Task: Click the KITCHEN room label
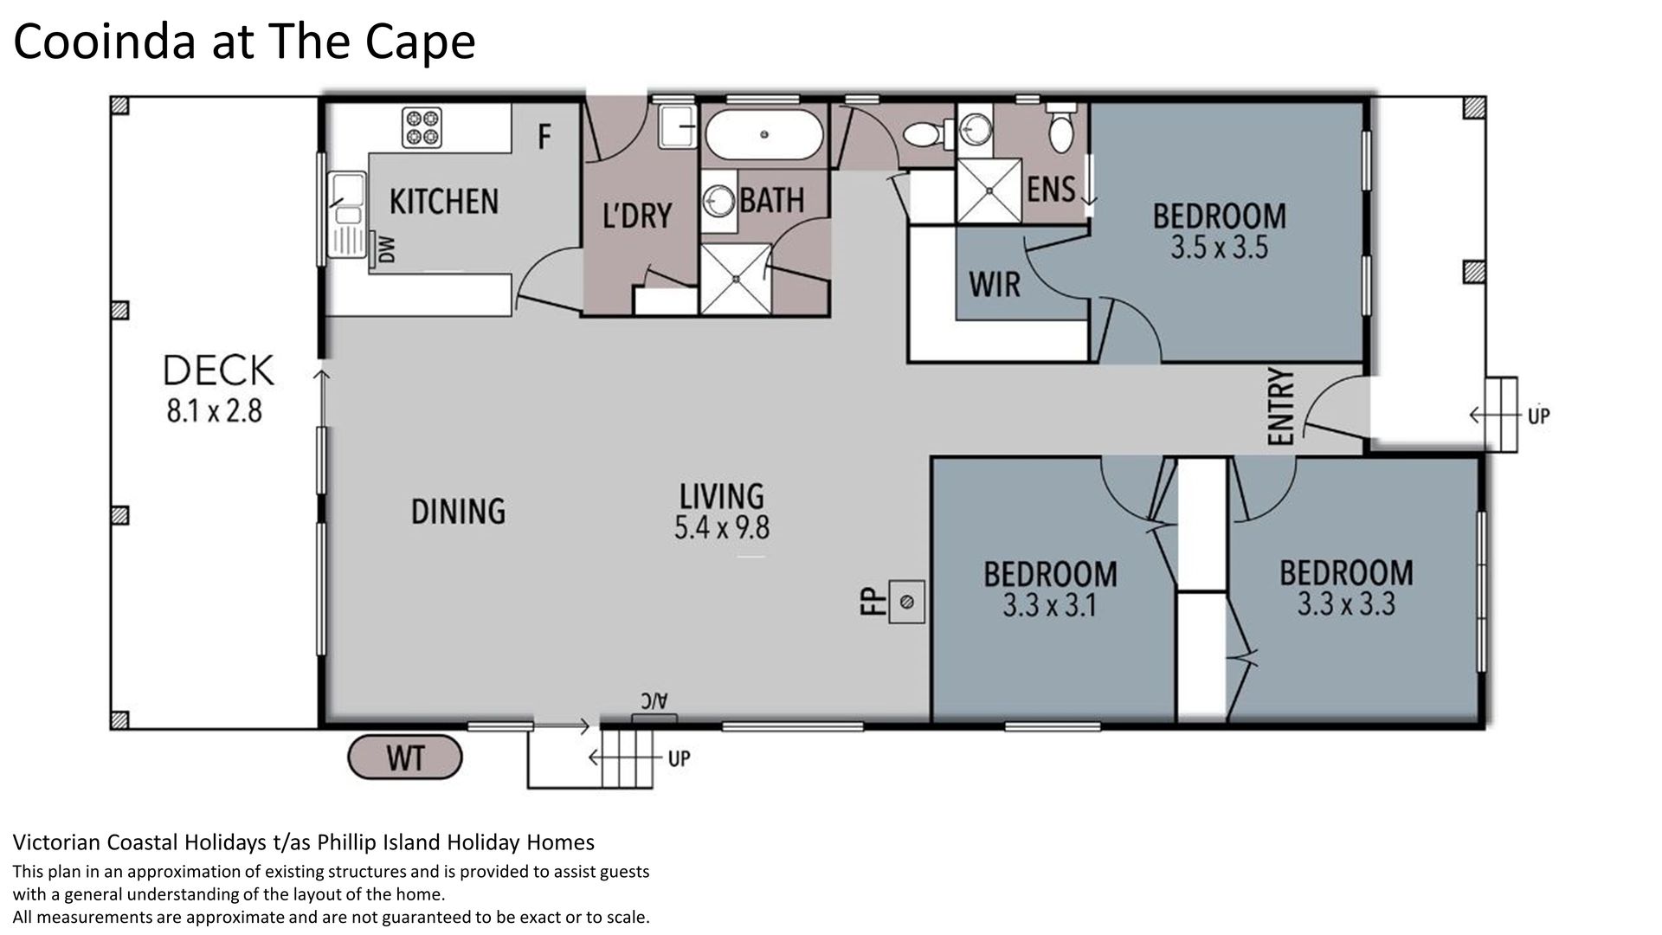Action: (444, 202)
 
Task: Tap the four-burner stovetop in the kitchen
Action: (422, 127)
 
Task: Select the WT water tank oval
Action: (404, 758)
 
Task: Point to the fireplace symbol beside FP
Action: (906, 602)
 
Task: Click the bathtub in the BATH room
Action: (763, 134)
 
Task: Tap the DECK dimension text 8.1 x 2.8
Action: (215, 410)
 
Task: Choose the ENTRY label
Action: (1280, 407)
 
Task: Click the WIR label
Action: (995, 284)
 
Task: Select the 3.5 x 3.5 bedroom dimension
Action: (1219, 248)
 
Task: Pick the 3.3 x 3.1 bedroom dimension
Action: (1049, 605)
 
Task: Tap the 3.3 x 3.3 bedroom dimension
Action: (1346, 603)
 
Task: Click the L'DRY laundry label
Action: (637, 216)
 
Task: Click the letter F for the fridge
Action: (544, 137)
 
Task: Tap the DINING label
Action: (458, 512)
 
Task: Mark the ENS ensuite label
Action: (1051, 190)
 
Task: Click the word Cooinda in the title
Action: (105, 41)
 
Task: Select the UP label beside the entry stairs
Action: (1538, 416)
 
